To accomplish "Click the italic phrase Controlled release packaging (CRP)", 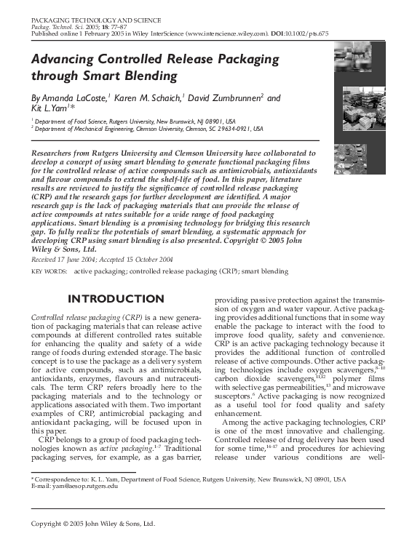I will point(87,319).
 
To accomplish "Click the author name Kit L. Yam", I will point(55,108).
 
